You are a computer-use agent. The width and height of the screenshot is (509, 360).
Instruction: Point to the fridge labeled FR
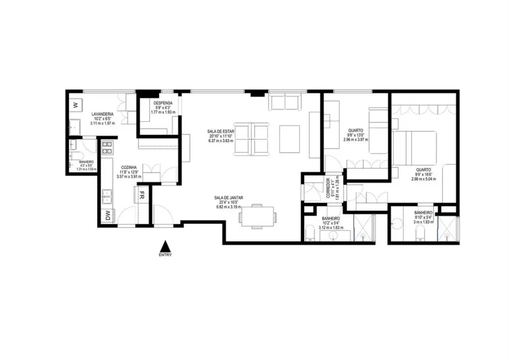pyautogui.click(x=142, y=195)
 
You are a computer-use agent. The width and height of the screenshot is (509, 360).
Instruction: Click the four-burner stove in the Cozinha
pyautogui.click(x=107, y=147)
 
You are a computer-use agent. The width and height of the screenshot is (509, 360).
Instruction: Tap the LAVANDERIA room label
pyautogui.click(x=104, y=114)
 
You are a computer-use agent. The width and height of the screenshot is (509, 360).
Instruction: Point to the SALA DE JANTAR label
pyautogui.click(x=228, y=198)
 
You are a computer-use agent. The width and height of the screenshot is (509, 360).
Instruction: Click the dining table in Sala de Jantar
pyautogui.click(x=258, y=216)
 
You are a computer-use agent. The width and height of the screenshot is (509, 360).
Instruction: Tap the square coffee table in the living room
pyautogui.click(x=290, y=139)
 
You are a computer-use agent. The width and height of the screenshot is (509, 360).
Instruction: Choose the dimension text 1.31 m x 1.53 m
pyautogui.click(x=86, y=169)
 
